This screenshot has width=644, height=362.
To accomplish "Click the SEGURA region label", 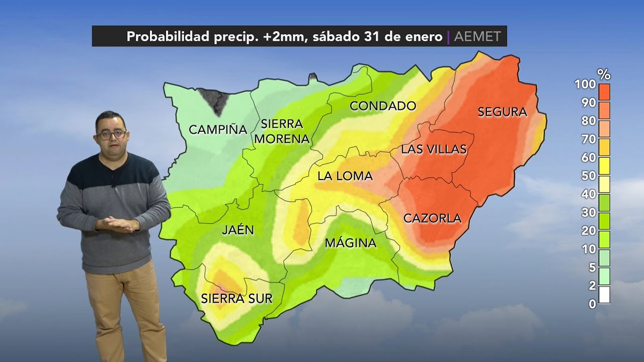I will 502,112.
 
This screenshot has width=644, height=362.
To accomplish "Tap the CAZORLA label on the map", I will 432,218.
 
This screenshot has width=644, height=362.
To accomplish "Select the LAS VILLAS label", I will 434,149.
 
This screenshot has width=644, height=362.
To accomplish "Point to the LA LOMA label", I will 345,176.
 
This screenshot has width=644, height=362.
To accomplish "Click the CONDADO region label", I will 383,106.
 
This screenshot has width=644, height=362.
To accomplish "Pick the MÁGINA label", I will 350,243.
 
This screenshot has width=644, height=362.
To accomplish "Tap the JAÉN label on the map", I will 238,230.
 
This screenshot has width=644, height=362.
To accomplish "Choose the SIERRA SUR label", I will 236,299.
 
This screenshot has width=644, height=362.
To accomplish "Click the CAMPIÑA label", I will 218,130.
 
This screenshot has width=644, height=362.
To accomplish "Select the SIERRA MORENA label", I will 282,131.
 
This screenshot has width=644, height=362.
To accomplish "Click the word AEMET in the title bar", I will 477,37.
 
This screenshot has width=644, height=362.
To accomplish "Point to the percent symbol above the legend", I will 604,75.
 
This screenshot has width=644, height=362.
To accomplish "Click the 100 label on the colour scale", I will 585,84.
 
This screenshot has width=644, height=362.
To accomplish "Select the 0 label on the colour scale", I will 592,304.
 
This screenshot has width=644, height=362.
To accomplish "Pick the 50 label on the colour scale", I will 589,176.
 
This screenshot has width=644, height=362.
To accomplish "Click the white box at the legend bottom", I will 604,295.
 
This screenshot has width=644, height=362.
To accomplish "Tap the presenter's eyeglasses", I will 112,134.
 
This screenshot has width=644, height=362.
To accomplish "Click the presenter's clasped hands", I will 117,224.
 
